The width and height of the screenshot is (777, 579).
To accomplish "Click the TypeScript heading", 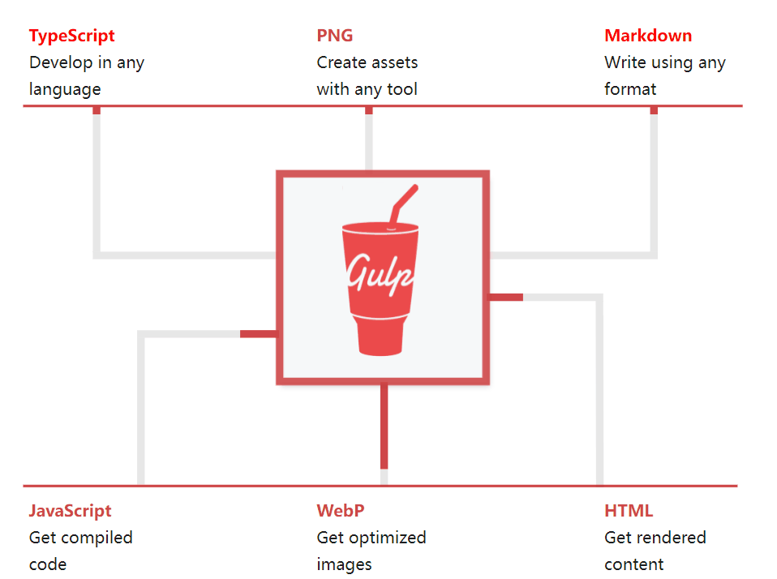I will tap(71, 36).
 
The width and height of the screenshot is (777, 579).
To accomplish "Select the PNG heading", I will tap(335, 36).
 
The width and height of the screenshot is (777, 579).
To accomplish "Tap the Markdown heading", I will tap(647, 36).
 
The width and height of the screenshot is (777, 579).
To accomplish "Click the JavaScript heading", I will tap(70, 511).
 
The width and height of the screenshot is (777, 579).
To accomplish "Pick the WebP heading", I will tap(340, 511).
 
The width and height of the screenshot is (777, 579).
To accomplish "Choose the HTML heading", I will tap(629, 511).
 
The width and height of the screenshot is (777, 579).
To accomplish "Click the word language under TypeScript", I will tap(65, 89).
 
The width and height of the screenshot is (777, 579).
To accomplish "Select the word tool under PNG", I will tap(402, 89).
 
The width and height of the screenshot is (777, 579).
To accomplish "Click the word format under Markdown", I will tap(630, 89).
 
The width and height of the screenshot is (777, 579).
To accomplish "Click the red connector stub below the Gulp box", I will tap(384, 426).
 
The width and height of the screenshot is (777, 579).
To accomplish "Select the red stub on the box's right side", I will tap(506, 298).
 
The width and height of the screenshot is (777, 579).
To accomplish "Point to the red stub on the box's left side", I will tap(259, 334).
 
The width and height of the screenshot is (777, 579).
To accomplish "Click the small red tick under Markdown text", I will tap(654, 110).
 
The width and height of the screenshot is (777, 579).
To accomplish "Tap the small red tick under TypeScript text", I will tap(97, 110).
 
